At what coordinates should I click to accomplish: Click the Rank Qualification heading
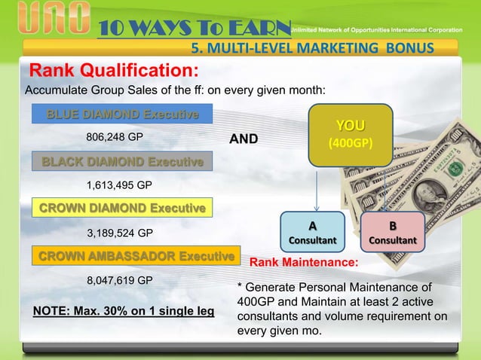[x=114, y=71]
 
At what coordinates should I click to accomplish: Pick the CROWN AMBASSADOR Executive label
[x=134, y=256]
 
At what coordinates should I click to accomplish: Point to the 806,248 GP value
[x=115, y=138]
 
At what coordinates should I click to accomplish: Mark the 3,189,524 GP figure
[x=121, y=232]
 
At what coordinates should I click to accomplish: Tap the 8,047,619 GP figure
[x=121, y=280]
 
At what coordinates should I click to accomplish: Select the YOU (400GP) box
[x=348, y=134]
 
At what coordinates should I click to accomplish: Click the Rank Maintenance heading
[x=304, y=264]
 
